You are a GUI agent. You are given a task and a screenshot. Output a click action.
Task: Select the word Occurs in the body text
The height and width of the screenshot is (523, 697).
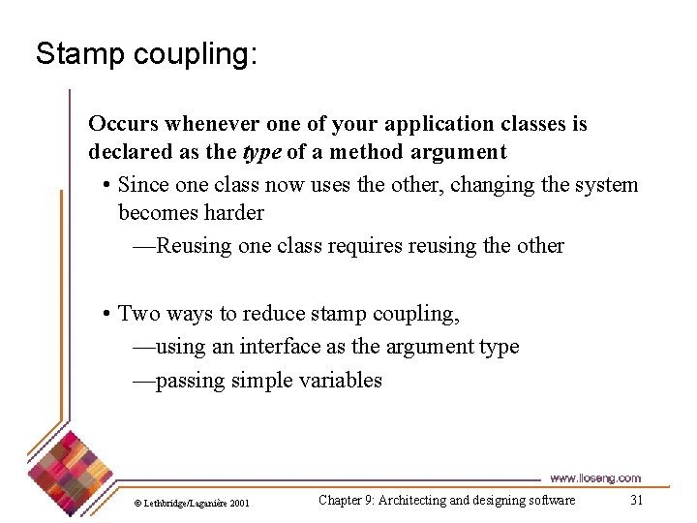click(x=123, y=124)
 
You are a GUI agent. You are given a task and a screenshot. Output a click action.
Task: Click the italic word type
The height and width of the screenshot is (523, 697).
click(x=262, y=152)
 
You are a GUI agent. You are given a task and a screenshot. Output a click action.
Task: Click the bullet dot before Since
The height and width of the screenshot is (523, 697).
click(x=106, y=185)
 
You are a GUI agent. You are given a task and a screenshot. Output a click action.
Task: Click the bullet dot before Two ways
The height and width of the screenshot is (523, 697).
click(x=106, y=314)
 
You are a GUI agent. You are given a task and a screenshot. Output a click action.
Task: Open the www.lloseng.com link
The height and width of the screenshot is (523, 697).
click(x=594, y=478)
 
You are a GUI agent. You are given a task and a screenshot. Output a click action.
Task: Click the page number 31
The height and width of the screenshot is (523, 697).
click(x=636, y=500)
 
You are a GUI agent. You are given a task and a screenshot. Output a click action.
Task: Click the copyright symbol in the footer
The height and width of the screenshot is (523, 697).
click(x=137, y=503)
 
